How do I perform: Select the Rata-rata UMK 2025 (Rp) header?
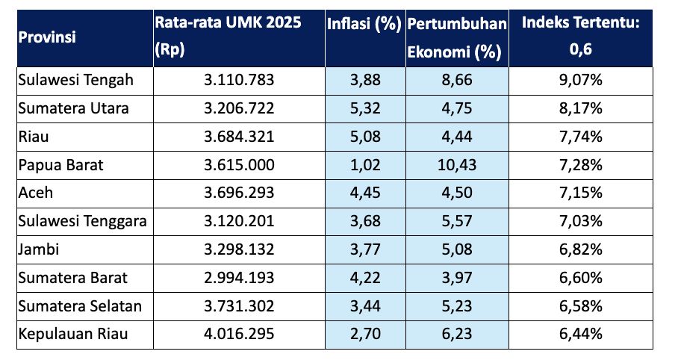click(x=228, y=36)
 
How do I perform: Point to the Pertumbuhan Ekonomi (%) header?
click(x=457, y=37)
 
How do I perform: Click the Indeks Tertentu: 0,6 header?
click(x=581, y=36)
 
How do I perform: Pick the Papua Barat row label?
click(x=61, y=164)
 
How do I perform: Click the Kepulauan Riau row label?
click(x=72, y=334)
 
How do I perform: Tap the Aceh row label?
click(x=34, y=193)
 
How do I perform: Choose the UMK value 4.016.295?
click(x=239, y=334)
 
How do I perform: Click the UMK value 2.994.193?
click(x=239, y=277)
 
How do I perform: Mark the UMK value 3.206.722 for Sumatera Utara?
click(x=239, y=108)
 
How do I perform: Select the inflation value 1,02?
click(x=365, y=164)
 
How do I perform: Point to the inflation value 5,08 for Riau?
click(x=365, y=136)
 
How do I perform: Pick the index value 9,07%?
click(x=581, y=79)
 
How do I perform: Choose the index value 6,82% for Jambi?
click(x=581, y=249)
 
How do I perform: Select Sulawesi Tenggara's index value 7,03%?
click(x=581, y=220)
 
